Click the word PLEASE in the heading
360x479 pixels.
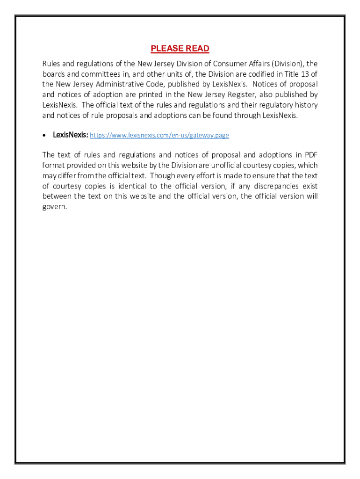tap(166, 49)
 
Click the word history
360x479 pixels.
tap(306, 105)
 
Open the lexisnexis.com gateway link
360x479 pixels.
tap(159, 135)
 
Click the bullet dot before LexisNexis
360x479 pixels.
tap(44, 135)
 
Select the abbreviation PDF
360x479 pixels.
tap(311, 155)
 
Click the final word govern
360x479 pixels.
tap(55, 207)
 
